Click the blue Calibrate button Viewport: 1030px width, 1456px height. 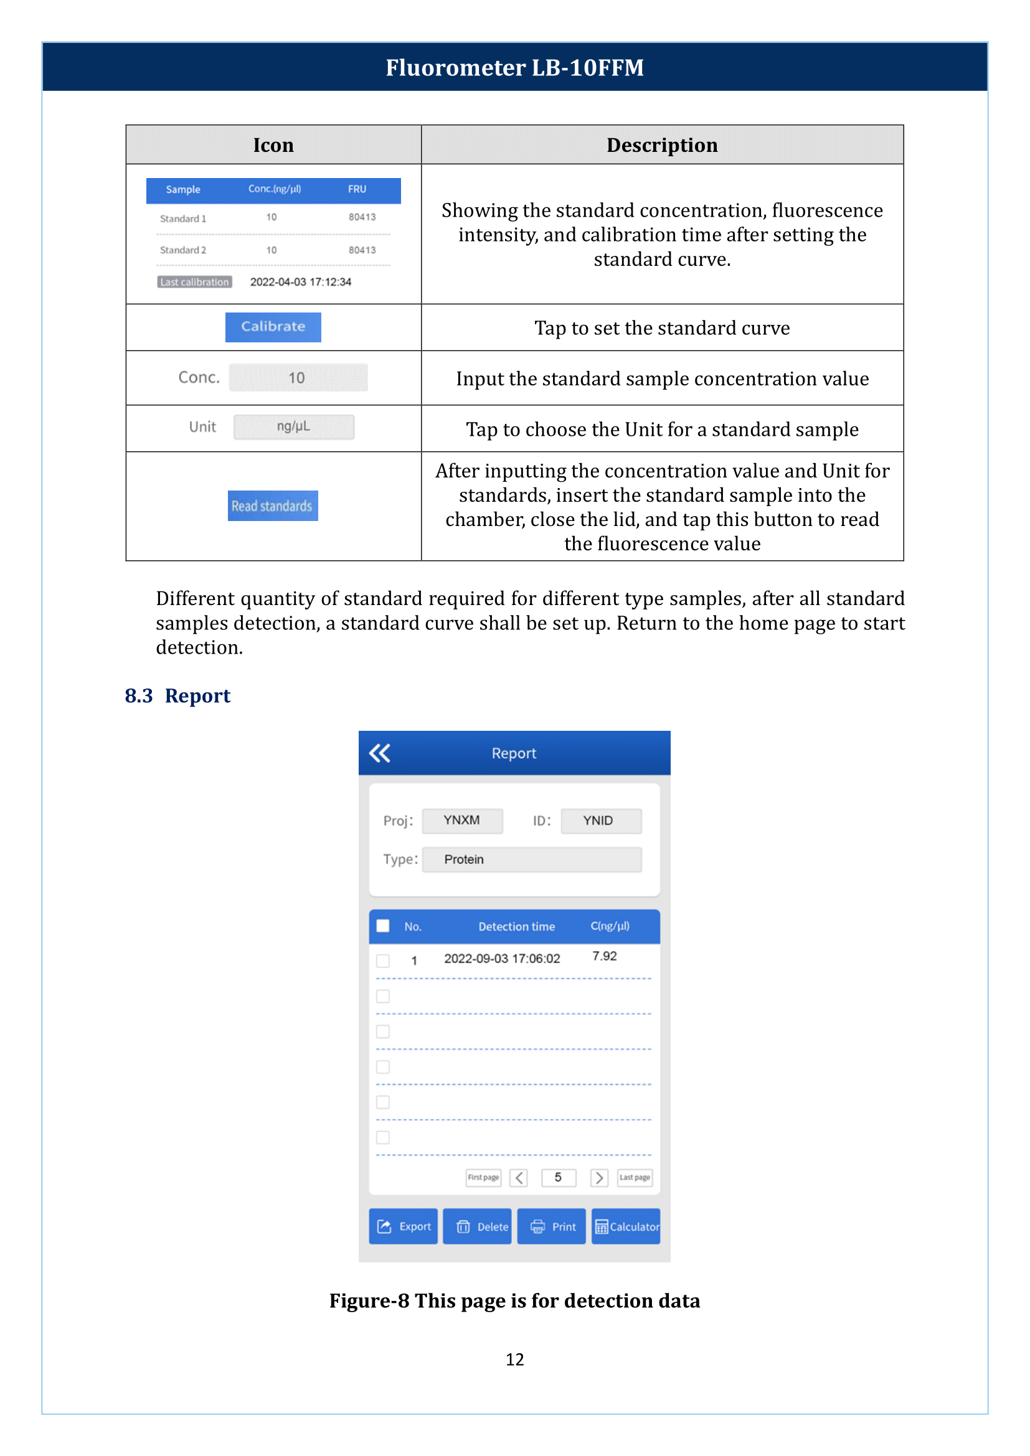point(273,327)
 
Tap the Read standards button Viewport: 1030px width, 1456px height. point(273,506)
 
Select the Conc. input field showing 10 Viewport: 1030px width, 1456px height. point(298,378)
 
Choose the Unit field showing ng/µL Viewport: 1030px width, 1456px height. point(294,427)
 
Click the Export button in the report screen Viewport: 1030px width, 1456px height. point(404,1226)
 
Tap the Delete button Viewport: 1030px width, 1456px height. point(477,1226)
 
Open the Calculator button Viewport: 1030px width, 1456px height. point(626,1226)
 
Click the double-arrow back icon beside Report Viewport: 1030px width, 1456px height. point(380,753)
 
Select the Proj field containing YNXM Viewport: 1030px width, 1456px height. point(462,820)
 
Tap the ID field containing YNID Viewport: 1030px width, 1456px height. point(600,820)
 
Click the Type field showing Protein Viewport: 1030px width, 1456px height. point(531,859)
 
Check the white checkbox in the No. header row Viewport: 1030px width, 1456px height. point(383,926)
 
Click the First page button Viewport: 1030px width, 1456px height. point(483,1178)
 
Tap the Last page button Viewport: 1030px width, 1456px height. point(634,1178)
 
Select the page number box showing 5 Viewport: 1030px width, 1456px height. point(558,1178)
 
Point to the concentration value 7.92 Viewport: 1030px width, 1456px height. point(605,956)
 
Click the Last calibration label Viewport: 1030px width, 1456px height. point(195,282)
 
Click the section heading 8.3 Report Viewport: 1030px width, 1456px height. point(177,696)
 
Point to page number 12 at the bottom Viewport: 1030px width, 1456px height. point(514,1360)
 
